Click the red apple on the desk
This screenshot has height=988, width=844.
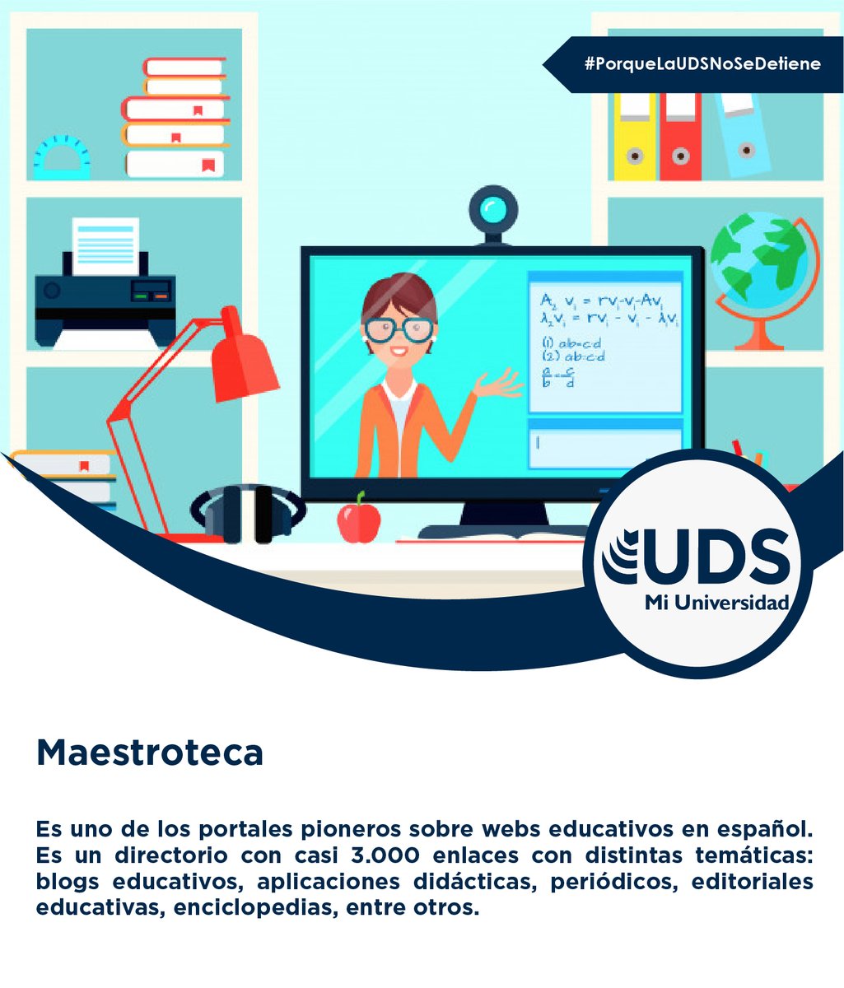(359, 518)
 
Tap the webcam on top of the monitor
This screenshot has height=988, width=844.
(493, 209)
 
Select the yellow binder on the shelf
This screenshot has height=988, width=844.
(635, 136)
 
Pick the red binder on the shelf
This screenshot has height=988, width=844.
(680, 136)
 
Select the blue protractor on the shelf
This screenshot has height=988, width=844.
(62, 157)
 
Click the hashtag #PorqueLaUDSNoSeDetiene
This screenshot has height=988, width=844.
(702, 63)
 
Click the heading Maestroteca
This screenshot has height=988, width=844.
(149, 753)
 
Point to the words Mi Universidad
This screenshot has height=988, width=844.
(716, 603)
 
